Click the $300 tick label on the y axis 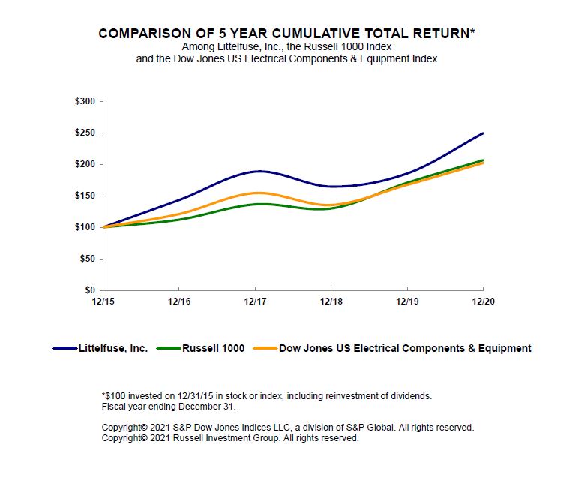(x=85, y=101)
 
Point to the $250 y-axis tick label (x=85, y=133)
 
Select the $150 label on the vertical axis (x=85, y=196)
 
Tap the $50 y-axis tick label (x=87, y=259)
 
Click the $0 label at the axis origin (x=90, y=290)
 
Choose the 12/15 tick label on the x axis (x=103, y=301)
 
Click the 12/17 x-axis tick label (x=255, y=301)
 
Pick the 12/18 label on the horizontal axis (x=331, y=301)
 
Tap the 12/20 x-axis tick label (x=482, y=301)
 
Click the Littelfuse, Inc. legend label (x=113, y=348)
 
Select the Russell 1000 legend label (x=213, y=348)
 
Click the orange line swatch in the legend (x=265, y=348)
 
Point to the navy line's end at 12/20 (x=482, y=133)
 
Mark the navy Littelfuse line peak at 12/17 (x=255, y=172)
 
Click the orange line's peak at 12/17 (x=255, y=193)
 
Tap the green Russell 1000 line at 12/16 (x=178, y=219)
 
